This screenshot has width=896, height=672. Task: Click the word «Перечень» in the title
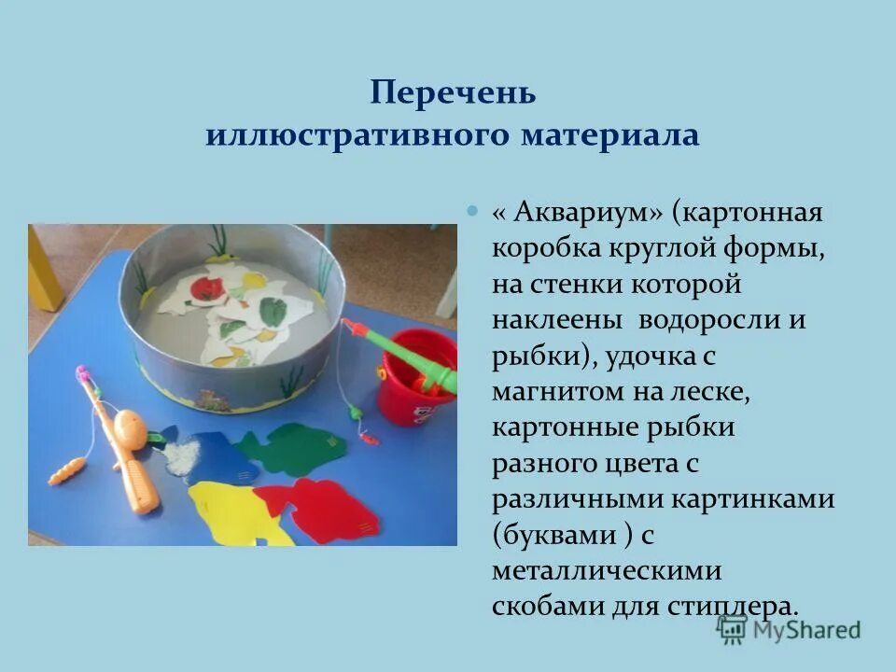(x=453, y=93)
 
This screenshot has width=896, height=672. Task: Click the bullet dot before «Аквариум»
(x=472, y=211)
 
